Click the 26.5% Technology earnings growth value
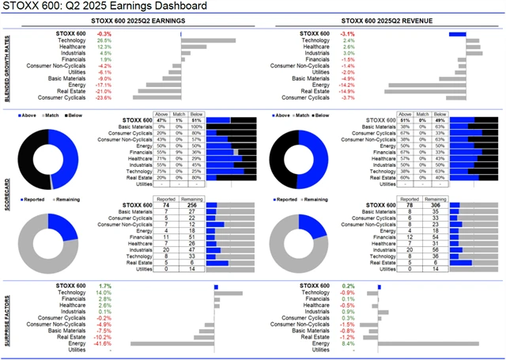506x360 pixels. tap(104, 40)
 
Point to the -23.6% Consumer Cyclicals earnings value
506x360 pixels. tap(104, 98)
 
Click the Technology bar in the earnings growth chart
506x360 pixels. tap(208, 40)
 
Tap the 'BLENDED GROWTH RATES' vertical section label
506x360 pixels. tap(7, 67)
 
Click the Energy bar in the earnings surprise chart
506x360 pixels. tap(170, 343)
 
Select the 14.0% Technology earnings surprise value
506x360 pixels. tap(104, 293)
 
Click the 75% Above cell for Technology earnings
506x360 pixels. tap(160, 171)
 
